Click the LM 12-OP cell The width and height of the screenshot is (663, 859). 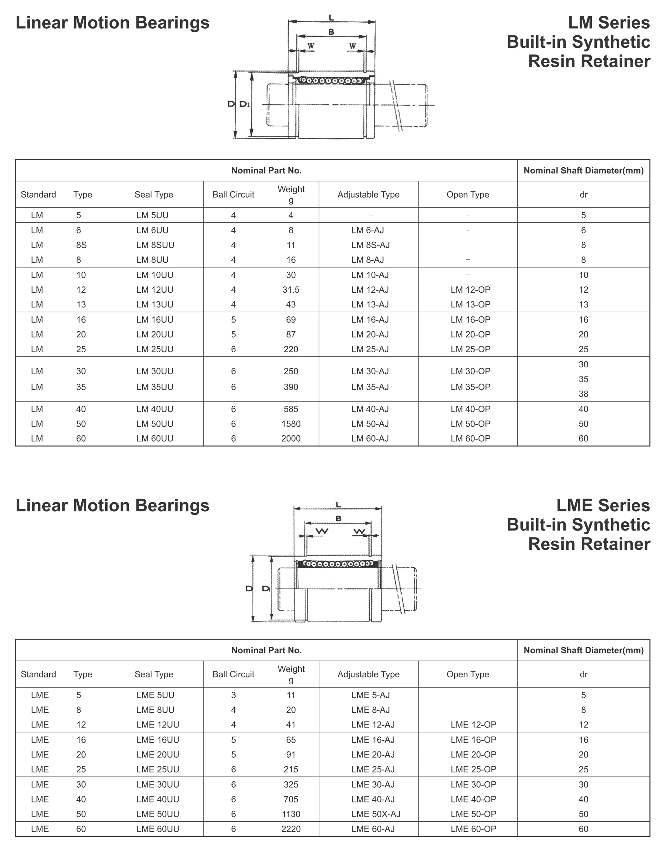(470, 290)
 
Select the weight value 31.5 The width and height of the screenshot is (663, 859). (291, 290)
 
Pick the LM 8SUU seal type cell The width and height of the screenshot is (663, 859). (155, 245)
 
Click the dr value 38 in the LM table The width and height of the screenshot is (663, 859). (583, 394)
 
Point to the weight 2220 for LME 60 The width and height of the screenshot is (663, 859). (291, 829)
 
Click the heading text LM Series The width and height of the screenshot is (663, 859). (609, 23)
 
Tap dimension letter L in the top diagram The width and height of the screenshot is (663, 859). (331, 18)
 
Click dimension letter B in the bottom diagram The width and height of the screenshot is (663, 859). (338, 519)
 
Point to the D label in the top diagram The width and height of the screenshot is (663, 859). (231, 104)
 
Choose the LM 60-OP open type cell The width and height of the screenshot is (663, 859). (470, 439)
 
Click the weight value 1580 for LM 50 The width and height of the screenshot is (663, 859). (291, 424)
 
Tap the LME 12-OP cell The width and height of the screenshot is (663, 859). (473, 725)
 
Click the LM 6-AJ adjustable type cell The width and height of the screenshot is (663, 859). (367, 230)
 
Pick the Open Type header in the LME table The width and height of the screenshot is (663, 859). (468, 674)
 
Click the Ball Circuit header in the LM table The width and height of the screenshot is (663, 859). (234, 194)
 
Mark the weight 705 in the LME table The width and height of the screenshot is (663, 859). (291, 799)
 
